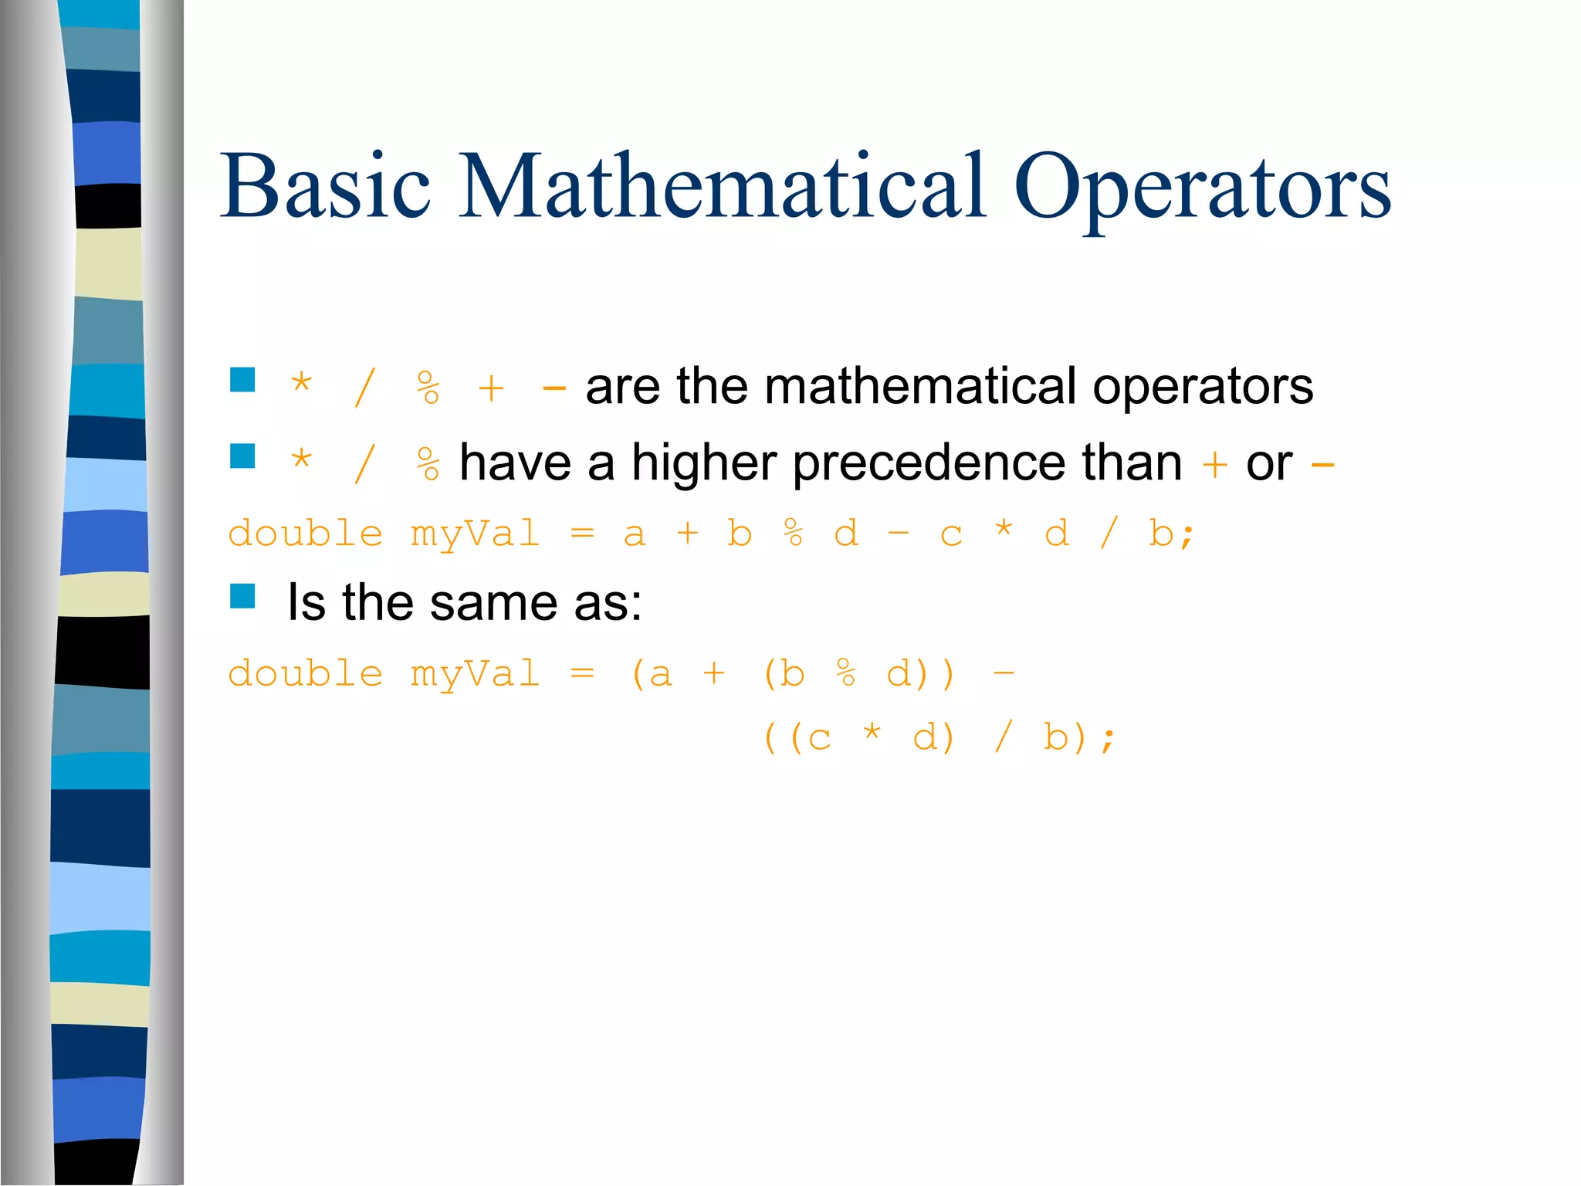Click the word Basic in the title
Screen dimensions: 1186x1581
click(x=325, y=187)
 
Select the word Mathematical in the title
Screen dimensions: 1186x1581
click(x=723, y=187)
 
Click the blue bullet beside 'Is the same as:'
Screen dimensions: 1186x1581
click(x=242, y=596)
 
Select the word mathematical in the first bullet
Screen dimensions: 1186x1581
click(x=919, y=387)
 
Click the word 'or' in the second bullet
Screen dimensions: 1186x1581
click(x=1269, y=464)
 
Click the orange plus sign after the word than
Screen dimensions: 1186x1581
click(x=1214, y=465)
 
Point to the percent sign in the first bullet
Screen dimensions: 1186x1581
click(x=428, y=388)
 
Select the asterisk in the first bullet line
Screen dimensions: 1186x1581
click(x=301, y=382)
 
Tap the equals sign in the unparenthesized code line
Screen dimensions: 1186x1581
click(x=582, y=534)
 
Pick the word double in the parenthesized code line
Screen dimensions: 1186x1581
click(x=306, y=674)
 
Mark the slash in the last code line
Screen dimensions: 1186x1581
click(x=1003, y=737)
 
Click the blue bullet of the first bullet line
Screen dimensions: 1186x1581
click(x=242, y=380)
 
